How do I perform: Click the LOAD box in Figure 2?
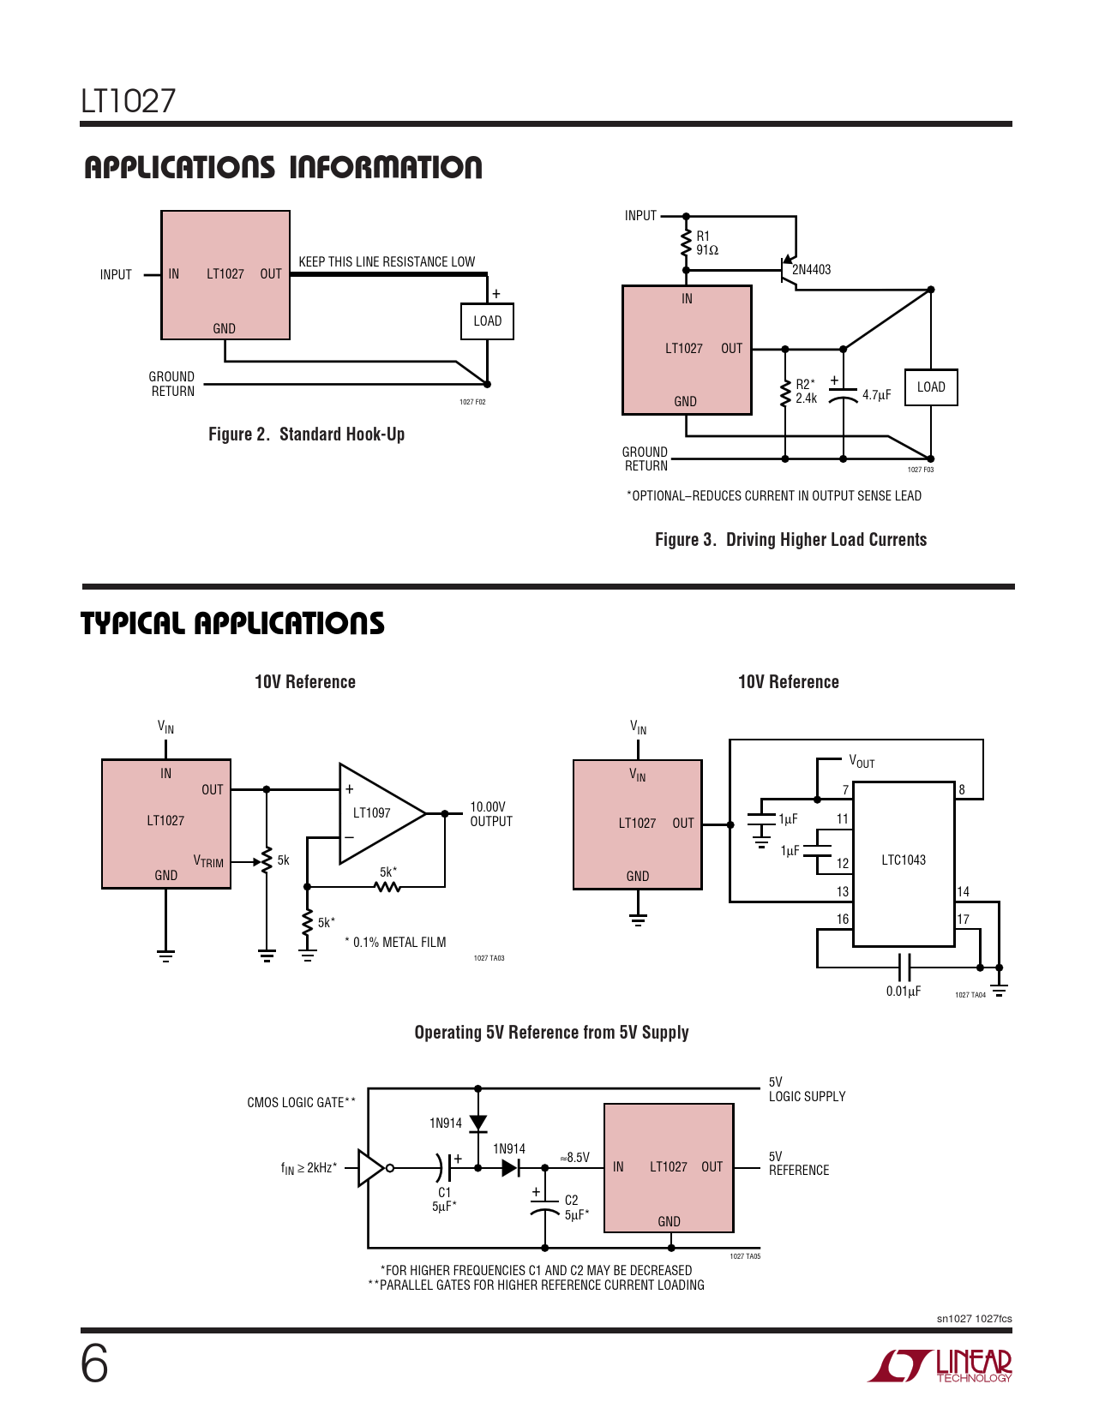487,321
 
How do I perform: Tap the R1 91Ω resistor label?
706,243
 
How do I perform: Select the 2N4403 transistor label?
811,270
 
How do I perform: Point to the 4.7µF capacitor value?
876,395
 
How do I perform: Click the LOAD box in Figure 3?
931,387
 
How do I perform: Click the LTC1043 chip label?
904,860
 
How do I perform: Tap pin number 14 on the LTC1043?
964,892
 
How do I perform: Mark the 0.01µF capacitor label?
904,992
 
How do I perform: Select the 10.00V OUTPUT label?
491,814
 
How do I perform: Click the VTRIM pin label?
208,861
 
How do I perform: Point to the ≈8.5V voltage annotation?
574,1158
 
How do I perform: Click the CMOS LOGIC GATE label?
301,1103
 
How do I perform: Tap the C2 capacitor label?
572,1201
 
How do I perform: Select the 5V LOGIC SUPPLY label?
807,1089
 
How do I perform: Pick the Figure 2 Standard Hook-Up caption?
306,434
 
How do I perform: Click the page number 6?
94,1363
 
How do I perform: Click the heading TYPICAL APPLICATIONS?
232,624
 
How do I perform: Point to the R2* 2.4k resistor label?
806,392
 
